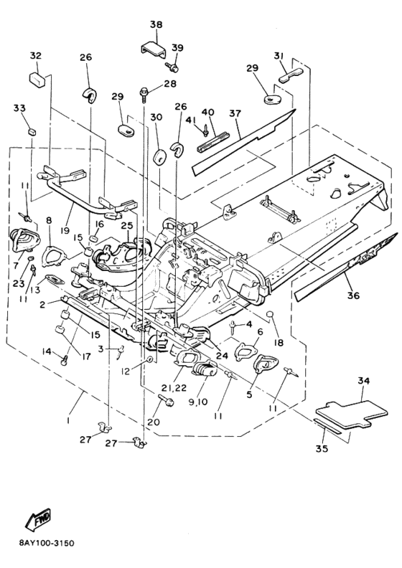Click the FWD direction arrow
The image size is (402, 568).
click(37, 521)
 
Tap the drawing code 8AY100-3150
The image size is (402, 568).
click(47, 544)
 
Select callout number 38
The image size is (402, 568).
click(156, 24)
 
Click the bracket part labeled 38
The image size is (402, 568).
click(154, 49)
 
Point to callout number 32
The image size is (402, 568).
click(35, 56)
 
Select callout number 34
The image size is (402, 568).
click(363, 381)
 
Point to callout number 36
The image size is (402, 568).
click(353, 295)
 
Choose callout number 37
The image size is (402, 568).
click(235, 113)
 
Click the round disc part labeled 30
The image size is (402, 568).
click(159, 157)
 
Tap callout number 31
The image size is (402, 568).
click(279, 56)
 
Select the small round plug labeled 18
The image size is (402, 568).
click(269, 314)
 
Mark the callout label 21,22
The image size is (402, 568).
click(174, 387)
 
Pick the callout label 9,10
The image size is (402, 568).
click(198, 402)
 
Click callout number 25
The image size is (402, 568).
click(127, 226)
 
